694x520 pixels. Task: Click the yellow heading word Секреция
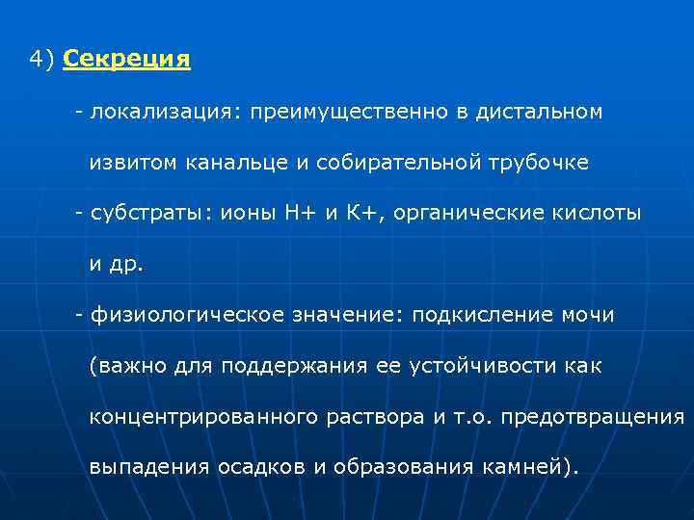pyautogui.click(x=126, y=60)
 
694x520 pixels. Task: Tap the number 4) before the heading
pyautogui.click(x=42, y=60)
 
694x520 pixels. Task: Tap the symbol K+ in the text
pyautogui.click(x=367, y=213)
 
